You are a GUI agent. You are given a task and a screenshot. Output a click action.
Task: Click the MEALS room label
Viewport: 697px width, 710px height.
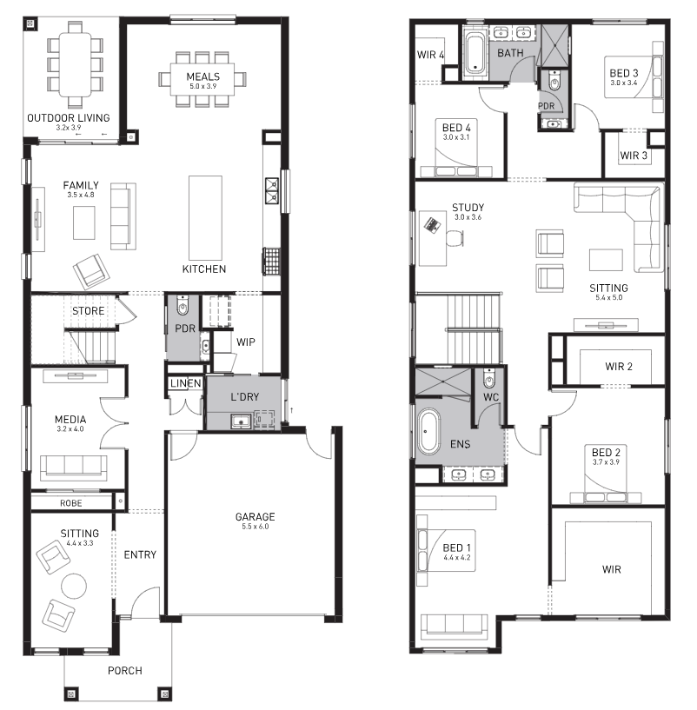click(203, 76)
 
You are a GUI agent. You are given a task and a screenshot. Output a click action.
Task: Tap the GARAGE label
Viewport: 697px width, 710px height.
click(255, 517)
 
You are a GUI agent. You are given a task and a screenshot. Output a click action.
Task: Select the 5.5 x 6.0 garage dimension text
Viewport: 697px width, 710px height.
click(255, 526)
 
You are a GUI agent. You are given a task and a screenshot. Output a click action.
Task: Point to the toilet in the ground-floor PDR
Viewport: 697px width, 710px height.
click(183, 307)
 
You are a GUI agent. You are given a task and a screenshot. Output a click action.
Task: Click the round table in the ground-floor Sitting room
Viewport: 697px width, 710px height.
click(74, 586)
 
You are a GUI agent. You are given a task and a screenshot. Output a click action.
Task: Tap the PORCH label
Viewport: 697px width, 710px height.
click(125, 671)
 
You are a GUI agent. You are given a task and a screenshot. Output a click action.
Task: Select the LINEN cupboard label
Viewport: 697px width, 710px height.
click(186, 383)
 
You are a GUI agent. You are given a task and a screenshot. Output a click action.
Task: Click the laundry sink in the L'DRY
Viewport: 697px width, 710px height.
click(241, 421)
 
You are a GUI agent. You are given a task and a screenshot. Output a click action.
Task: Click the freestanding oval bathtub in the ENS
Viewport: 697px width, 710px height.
click(428, 432)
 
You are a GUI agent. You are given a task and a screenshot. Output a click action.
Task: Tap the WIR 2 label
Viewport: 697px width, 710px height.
click(619, 367)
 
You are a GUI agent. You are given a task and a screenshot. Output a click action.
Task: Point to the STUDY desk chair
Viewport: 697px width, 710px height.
click(455, 238)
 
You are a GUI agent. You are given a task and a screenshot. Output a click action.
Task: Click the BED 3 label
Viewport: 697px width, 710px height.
click(624, 73)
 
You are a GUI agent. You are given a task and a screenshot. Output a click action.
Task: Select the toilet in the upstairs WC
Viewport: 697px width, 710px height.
click(488, 380)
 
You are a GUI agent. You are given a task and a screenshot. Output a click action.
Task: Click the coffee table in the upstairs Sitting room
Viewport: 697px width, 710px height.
click(606, 260)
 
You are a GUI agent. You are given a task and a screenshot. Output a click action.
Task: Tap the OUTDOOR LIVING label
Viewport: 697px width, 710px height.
click(69, 117)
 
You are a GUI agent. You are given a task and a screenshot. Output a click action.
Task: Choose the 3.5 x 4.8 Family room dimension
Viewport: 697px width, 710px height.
click(81, 195)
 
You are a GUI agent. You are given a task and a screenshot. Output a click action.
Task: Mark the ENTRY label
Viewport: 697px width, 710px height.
click(140, 554)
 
